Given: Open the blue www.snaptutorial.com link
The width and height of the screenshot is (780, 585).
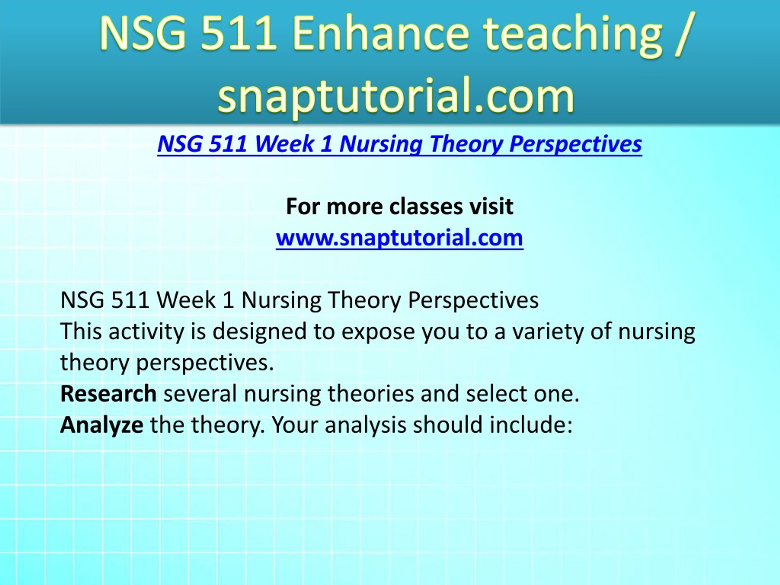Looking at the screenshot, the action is click(x=399, y=238).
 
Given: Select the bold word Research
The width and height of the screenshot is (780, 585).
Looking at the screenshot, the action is click(x=108, y=394).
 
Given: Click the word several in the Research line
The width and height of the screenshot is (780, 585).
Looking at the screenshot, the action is click(x=200, y=394).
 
